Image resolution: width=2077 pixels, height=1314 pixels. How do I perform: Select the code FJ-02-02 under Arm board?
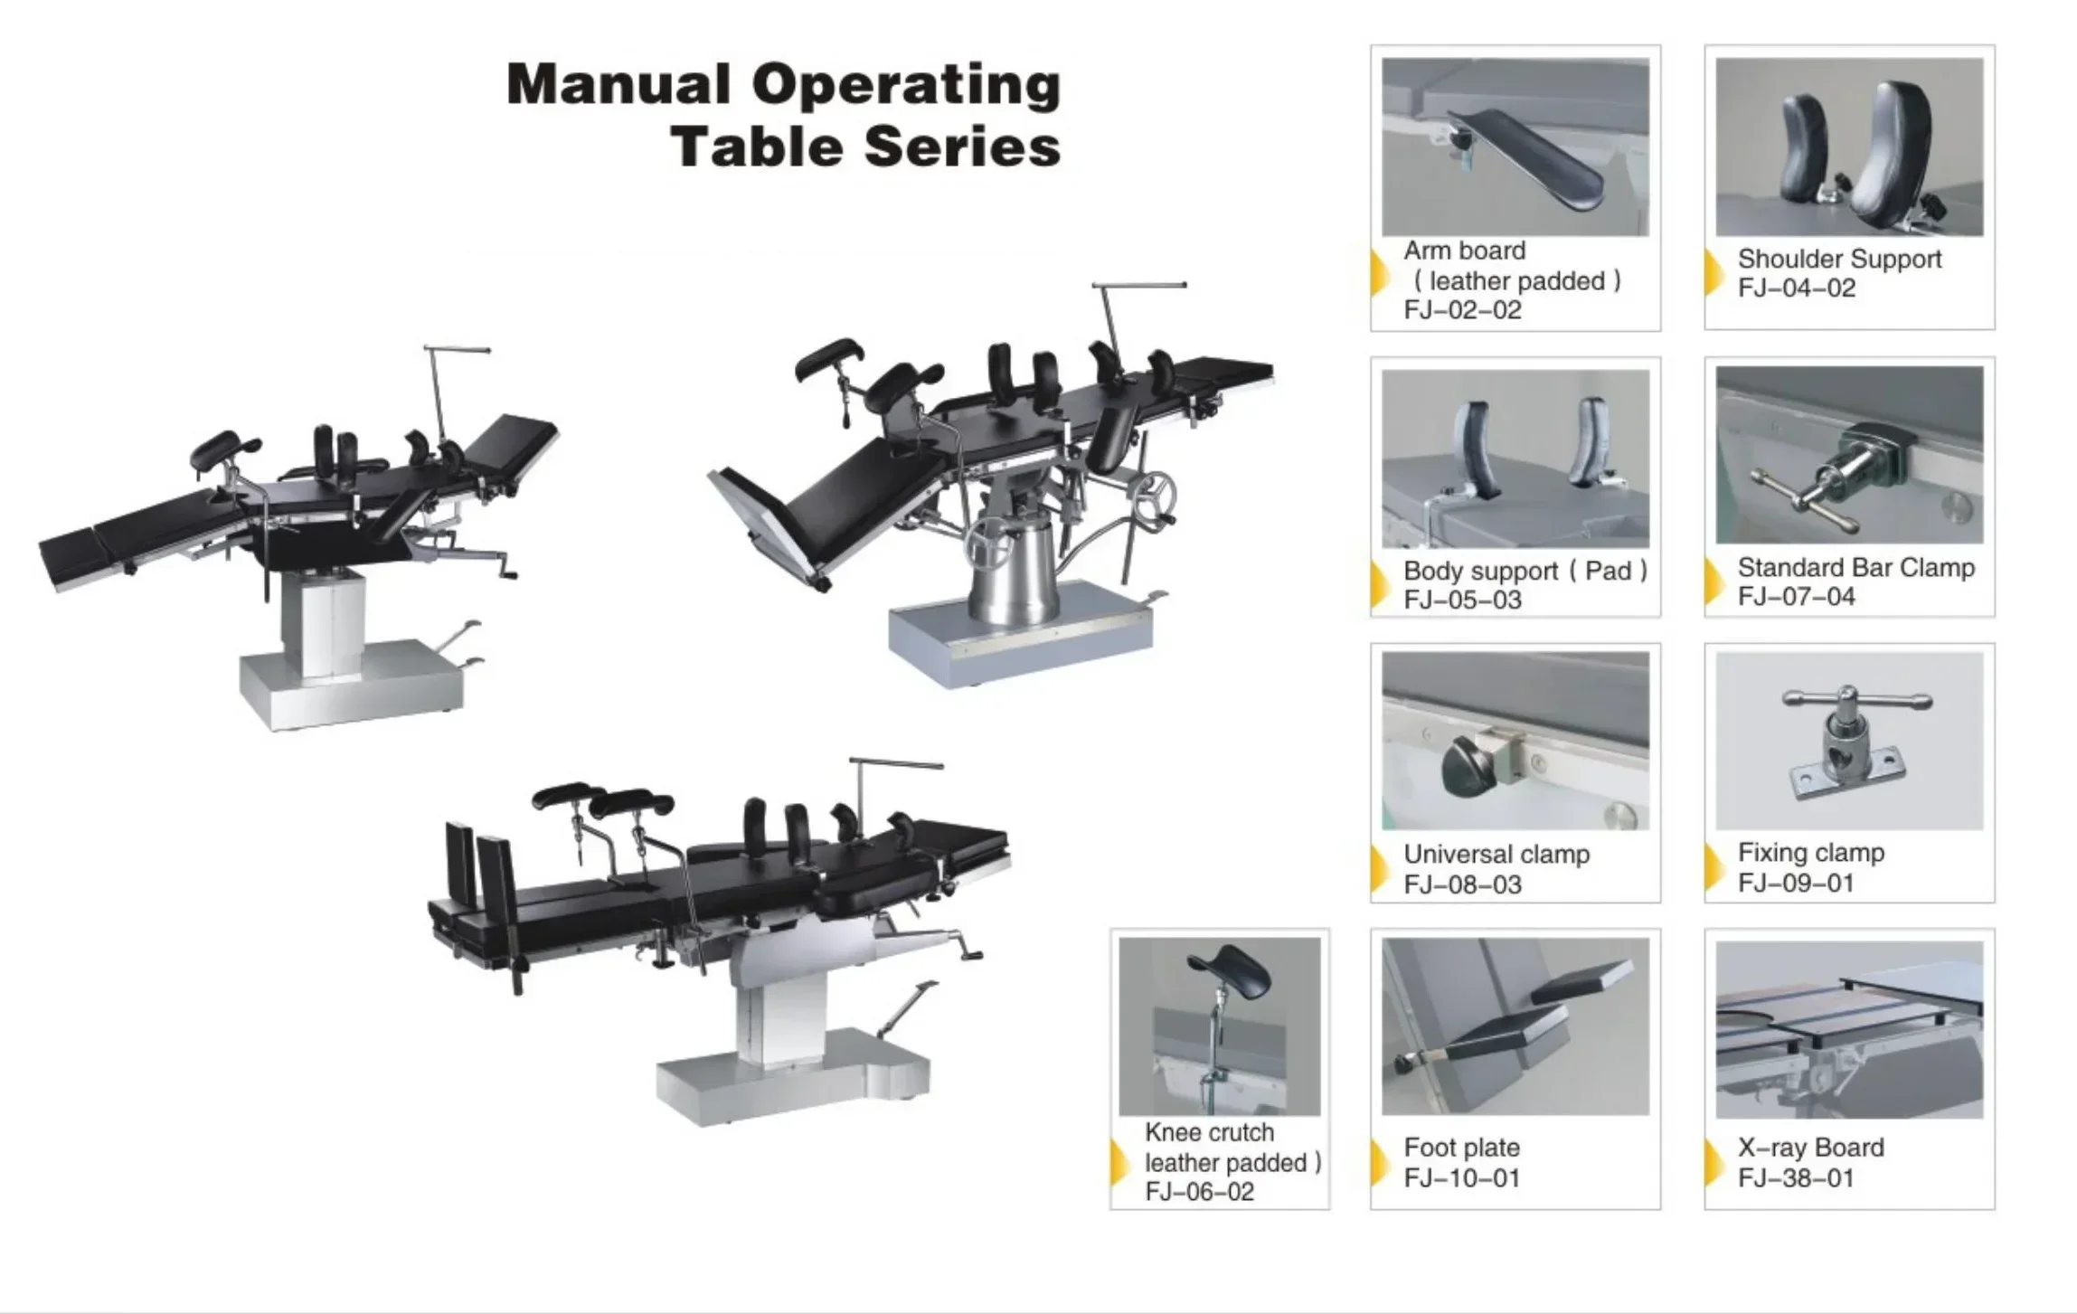[x=1462, y=310]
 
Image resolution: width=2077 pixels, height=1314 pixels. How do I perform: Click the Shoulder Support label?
[x=1839, y=259]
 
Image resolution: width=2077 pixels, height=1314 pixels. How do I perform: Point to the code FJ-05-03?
[x=1462, y=600]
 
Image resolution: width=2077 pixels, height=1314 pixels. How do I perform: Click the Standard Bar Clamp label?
[x=1855, y=568]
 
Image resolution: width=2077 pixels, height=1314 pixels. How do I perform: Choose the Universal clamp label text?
[x=1496, y=855]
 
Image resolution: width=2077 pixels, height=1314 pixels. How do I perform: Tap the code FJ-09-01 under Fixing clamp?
[x=1796, y=883]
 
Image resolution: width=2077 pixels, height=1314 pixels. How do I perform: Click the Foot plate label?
[x=1461, y=1148]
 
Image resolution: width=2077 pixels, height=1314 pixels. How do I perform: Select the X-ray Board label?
[x=1810, y=1148]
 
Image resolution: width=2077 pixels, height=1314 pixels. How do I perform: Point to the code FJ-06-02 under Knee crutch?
[x=1199, y=1192]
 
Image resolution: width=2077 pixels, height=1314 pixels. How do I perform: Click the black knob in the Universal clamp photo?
[x=1468, y=768]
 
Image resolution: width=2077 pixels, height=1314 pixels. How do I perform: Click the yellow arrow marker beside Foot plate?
[x=1379, y=1162]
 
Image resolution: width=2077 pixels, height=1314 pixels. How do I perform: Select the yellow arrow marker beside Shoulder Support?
[x=1713, y=272]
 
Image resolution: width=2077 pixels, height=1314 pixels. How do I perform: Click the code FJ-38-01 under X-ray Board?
[x=1796, y=1177]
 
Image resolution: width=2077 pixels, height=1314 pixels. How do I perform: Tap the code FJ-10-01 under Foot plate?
[x=1461, y=1177]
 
